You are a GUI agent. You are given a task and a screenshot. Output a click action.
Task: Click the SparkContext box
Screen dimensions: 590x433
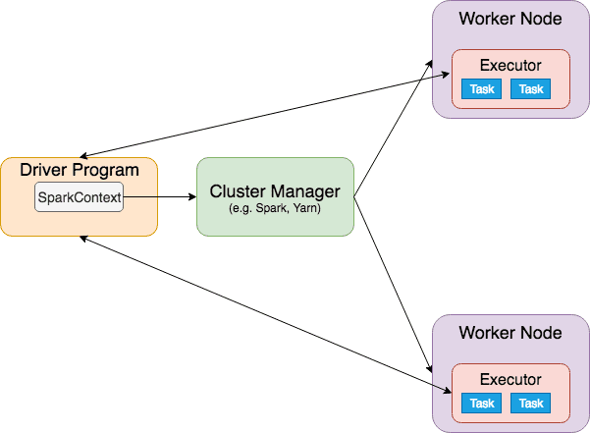(x=79, y=196)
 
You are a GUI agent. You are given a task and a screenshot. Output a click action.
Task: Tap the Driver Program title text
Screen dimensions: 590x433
(x=80, y=170)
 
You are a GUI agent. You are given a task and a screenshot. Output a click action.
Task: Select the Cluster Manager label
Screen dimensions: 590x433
(x=275, y=191)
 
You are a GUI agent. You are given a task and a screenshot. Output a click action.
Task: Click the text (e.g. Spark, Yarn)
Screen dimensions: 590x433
(x=275, y=208)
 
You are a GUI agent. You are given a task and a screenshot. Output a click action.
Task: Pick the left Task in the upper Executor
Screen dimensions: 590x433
(x=482, y=89)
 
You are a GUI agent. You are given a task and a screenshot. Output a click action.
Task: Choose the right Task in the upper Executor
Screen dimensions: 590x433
(x=530, y=89)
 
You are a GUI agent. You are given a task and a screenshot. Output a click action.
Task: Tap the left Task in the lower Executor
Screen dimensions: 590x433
(x=482, y=404)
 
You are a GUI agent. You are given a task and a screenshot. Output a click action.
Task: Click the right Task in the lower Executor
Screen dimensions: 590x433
(x=530, y=404)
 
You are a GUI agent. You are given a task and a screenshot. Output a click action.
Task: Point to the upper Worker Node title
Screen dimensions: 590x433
(x=510, y=19)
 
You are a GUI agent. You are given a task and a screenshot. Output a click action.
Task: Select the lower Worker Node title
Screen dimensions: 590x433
(x=510, y=333)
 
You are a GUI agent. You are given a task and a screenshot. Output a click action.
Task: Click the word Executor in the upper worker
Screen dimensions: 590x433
(x=510, y=66)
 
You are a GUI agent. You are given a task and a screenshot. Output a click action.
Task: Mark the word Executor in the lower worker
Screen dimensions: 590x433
(x=510, y=380)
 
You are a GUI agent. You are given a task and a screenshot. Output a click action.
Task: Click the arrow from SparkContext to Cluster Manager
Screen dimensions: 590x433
(x=160, y=196)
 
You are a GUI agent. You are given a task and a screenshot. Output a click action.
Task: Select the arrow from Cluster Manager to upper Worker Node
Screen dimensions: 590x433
(x=394, y=129)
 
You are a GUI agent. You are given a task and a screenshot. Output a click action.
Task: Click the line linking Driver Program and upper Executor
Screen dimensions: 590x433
(x=264, y=115)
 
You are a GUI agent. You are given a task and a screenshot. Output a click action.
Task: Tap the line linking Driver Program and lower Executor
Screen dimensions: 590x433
(x=266, y=314)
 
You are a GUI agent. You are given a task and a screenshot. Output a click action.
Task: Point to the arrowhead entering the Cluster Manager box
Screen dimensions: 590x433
(x=192, y=196)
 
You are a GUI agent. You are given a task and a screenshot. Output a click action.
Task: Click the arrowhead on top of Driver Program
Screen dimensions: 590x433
(x=83, y=156)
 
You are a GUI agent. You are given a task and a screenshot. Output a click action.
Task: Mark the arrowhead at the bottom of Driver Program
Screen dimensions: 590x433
(x=83, y=239)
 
